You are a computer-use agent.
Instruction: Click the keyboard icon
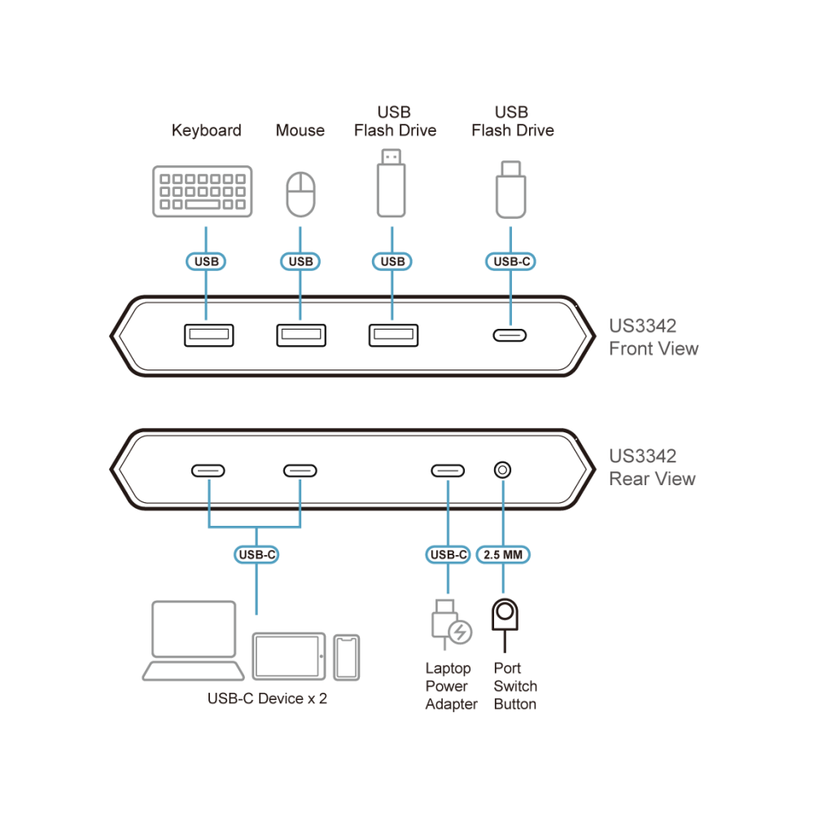pyautogui.click(x=203, y=191)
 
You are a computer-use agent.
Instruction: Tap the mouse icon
pyautogui.click(x=300, y=195)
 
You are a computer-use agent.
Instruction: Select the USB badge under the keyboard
pyautogui.click(x=206, y=261)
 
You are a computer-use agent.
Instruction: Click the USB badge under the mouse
pyautogui.click(x=300, y=261)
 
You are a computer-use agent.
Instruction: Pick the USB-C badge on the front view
pyautogui.click(x=511, y=261)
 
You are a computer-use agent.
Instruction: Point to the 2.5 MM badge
pyautogui.click(x=503, y=554)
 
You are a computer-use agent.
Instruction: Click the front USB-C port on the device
pyautogui.click(x=510, y=335)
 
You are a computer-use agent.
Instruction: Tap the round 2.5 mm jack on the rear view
pyautogui.click(x=502, y=470)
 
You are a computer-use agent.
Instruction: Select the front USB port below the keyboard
pyautogui.click(x=208, y=335)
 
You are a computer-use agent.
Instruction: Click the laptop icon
pyautogui.click(x=193, y=640)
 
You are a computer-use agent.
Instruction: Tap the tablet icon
pyautogui.click(x=289, y=656)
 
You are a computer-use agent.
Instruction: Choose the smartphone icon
pyautogui.click(x=346, y=657)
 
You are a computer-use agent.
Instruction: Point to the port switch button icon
pyautogui.click(x=505, y=624)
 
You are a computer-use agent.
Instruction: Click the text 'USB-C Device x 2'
pyautogui.click(x=267, y=698)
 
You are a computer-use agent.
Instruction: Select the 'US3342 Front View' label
pyautogui.click(x=654, y=337)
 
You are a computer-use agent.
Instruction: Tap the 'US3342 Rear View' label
pyautogui.click(x=652, y=467)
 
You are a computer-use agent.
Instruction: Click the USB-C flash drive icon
pyautogui.click(x=511, y=190)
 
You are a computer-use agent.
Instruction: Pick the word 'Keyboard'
pyautogui.click(x=207, y=130)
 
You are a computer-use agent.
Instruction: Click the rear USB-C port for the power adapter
pyautogui.click(x=448, y=470)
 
